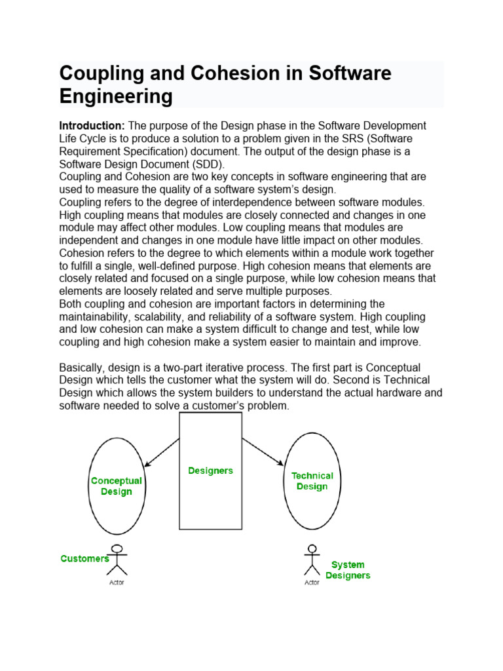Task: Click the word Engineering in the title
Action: coord(116,96)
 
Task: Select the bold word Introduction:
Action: coord(92,125)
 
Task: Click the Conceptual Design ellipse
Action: coord(117,485)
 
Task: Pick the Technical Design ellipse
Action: coord(312,481)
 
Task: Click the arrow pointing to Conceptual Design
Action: coord(161,452)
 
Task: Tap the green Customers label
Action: coord(84,559)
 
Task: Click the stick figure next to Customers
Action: coord(117,560)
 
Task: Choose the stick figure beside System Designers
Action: coord(312,560)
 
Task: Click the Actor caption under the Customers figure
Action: coord(117,583)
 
